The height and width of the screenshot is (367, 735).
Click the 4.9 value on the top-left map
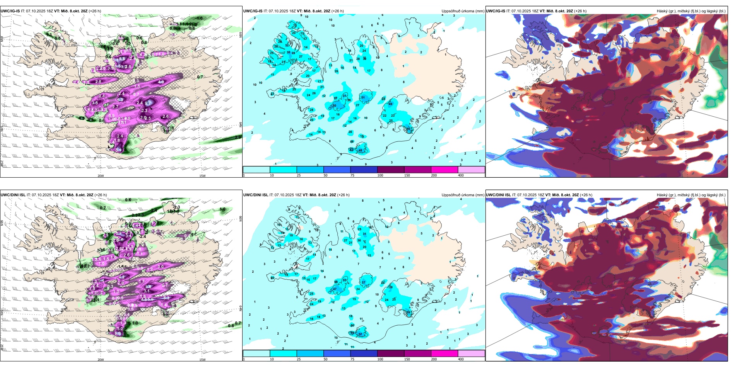pyautogui.click(x=161, y=82)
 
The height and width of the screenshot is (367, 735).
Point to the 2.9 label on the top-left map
pyautogui.click(x=238, y=137)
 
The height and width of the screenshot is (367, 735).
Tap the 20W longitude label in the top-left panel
pyautogui.click(x=101, y=176)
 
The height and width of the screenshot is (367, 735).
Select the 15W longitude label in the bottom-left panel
pyautogui.click(x=202, y=360)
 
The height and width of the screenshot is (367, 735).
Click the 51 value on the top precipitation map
pyautogui.click(x=363, y=98)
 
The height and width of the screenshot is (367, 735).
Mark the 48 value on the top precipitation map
pyautogui.click(x=360, y=151)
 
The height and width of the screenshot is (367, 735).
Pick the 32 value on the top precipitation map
pyautogui.click(x=287, y=46)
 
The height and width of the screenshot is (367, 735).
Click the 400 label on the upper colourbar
pyautogui.click(x=461, y=175)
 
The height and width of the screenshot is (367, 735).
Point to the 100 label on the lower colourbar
pyautogui.click(x=380, y=359)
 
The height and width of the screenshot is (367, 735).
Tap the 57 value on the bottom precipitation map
pyautogui.click(x=360, y=335)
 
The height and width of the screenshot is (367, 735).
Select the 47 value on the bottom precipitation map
pyautogui.click(x=335, y=289)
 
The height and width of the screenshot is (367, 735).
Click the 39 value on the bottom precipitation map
pyautogui.click(x=409, y=312)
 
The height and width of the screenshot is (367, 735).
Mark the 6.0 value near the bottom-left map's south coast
pyautogui.click(x=118, y=333)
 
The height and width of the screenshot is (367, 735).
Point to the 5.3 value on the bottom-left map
pyautogui.click(x=166, y=297)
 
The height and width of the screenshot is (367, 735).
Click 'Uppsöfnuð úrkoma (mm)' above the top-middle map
pyautogui.click(x=463, y=11)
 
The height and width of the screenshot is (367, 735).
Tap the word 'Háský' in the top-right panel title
pyautogui.click(x=662, y=11)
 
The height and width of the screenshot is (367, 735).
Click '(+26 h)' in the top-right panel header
pyautogui.click(x=580, y=11)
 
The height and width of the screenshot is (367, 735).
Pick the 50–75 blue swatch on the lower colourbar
pyautogui.click(x=337, y=353)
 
